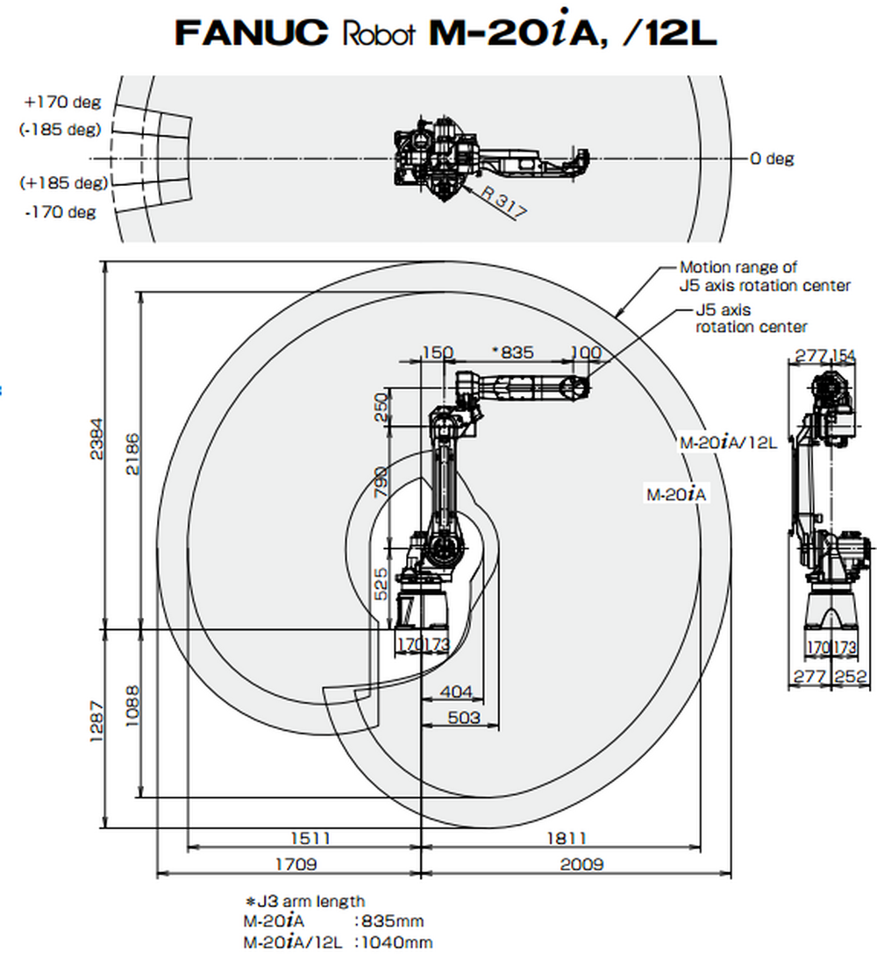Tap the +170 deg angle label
point(62,102)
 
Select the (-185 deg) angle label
point(61,130)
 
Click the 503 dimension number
point(464,718)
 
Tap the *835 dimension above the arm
point(512,352)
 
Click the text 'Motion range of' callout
point(738,267)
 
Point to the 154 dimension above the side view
point(843,355)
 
